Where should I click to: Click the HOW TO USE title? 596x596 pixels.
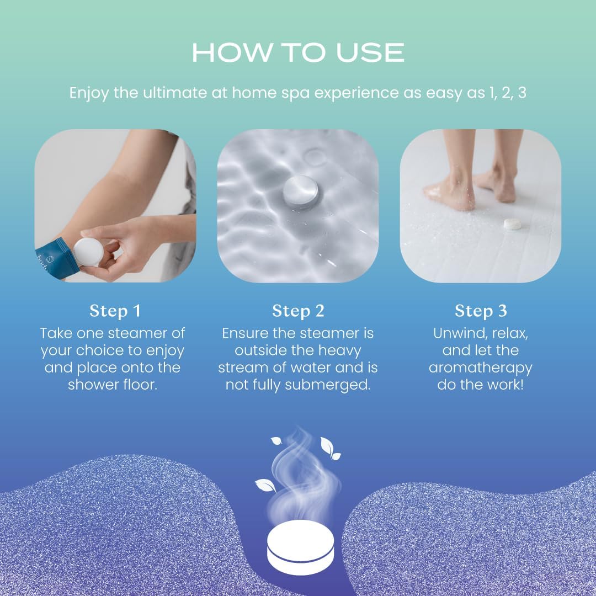point(298,52)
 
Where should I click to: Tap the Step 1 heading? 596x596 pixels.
point(115,311)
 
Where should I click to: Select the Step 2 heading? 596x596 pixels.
point(298,311)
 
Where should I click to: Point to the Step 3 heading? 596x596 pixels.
point(481,311)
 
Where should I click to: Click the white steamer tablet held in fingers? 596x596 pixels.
point(89,252)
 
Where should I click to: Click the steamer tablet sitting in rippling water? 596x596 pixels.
point(301,191)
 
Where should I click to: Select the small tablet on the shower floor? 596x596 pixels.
point(513,223)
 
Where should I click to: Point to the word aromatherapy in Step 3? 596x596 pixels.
point(481,368)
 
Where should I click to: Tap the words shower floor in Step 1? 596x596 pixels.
point(113,385)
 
